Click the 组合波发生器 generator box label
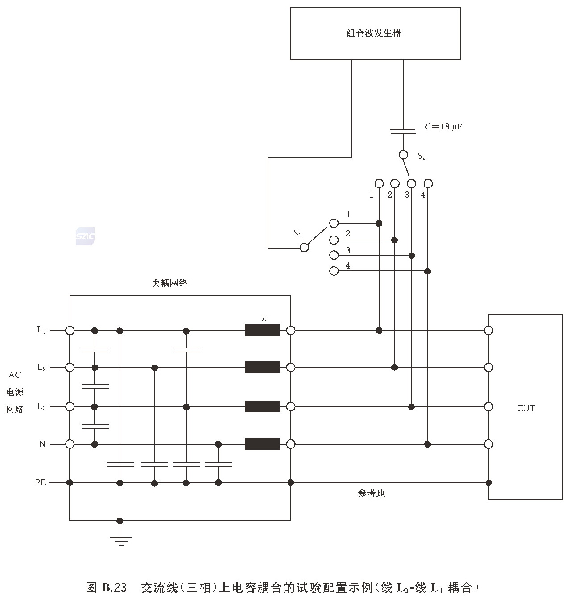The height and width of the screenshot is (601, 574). (374, 33)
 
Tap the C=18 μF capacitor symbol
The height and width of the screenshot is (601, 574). (403, 131)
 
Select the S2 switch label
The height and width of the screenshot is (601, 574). (421, 156)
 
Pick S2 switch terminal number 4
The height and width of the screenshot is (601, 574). (428, 183)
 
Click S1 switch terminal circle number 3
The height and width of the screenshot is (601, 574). (334, 255)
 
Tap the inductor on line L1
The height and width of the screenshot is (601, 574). (262, 331)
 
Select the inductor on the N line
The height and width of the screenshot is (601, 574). (262, 444)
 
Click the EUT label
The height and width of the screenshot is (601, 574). (526, 408)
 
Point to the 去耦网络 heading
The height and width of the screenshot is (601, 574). (169, 283)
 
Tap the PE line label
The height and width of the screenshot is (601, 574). (41, 482)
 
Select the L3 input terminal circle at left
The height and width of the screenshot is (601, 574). (70, 406)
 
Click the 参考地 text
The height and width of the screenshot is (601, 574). (371, 493)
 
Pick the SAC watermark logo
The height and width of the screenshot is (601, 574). (85, 236)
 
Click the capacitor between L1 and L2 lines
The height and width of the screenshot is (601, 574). (95, 349)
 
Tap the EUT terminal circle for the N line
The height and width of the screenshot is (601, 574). (488, 444)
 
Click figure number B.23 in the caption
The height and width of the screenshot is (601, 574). (114, 587)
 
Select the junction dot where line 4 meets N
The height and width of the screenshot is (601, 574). (428, 444)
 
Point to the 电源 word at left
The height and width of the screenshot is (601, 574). (15, 392)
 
